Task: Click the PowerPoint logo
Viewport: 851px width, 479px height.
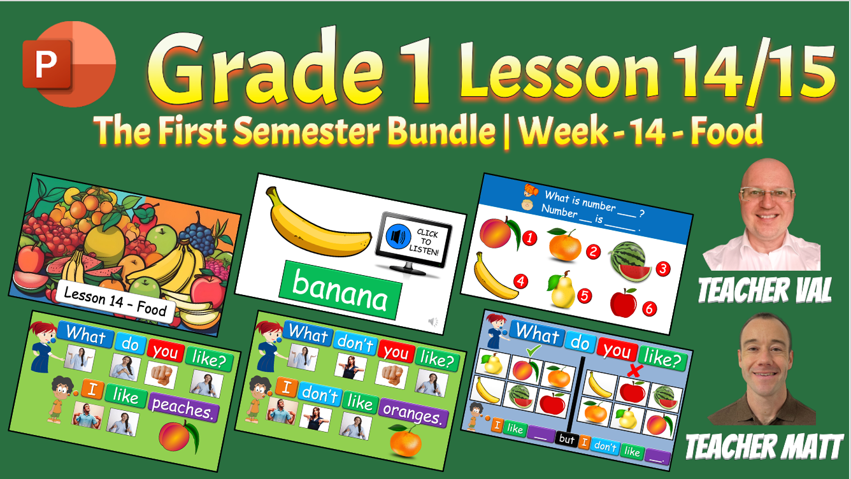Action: tap(69, 64)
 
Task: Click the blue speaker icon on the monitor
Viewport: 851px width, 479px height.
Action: tap(397, 236)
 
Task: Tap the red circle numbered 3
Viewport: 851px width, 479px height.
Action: tap(663, 269)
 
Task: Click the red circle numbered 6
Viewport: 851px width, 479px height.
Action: tap(649, 309)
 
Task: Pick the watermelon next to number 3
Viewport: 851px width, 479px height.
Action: tap(629, 262)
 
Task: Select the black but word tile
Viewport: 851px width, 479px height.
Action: tap(567, 439)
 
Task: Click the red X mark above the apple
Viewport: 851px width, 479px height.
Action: tap(634, 370)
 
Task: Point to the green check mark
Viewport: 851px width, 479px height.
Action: tap(533, 350)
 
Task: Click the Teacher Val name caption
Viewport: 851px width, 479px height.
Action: tap(764, 290)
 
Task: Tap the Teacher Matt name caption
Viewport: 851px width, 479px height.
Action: tap(764, 447)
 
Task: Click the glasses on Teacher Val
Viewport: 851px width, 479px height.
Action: tap(767, 194)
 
